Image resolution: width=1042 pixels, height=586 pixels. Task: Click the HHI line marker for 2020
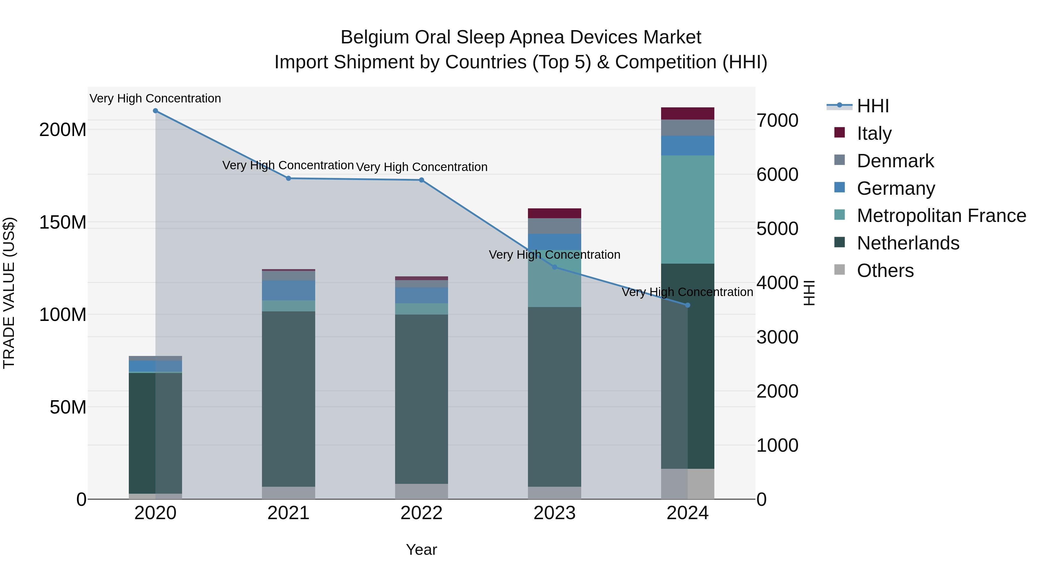(x=155, y=111)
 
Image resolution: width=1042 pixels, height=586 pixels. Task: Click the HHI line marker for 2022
(x=421, y=180)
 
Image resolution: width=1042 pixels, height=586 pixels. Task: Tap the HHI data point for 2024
(x=688, y=305)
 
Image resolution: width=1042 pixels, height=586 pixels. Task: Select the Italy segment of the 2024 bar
(x=688, y=114)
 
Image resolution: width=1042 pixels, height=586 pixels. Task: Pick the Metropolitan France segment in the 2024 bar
(x=688, y=210)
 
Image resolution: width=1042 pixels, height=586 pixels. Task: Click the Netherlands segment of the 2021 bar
(x=288, y=398)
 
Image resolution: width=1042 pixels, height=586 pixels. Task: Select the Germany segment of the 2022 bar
(x=421, y=295)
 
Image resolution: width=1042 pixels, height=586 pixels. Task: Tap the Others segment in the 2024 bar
(x=688, y=484)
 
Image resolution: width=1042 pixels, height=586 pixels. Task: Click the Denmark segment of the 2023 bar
(x=555, y=226)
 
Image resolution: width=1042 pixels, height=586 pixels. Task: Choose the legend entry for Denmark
(x=895, y=161)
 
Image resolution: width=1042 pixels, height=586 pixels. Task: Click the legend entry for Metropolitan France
(x=941, y=216)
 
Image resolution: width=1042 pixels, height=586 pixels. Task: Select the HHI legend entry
(x=872, y=106)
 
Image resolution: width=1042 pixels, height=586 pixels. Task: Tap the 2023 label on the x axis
(x=555, y=513)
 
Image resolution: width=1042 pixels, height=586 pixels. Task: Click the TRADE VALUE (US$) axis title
(x=9, y=293)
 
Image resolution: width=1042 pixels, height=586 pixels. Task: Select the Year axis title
(x=421, y=550)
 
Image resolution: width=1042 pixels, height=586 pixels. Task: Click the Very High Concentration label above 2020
(x=155, y=98)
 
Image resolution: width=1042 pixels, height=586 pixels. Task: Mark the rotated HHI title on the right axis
(x=809, y=293)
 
